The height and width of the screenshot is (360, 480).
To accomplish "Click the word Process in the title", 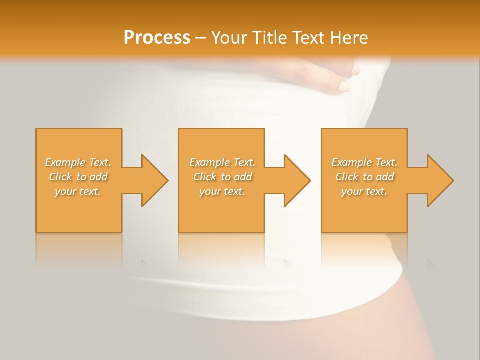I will [157, 38].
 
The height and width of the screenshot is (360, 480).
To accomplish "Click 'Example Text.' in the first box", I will [78, 162].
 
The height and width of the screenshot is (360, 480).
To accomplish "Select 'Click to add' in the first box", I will [78, 177].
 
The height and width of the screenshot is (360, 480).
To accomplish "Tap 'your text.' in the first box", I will [78, 191].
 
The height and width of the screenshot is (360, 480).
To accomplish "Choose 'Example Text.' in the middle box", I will [222, 162].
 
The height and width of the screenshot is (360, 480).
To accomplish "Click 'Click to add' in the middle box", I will [222, 177].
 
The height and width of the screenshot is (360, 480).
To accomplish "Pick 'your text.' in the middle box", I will [222, 191].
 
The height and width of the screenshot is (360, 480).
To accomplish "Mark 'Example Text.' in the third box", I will [364, 162].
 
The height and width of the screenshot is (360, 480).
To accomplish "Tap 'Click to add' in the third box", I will [364, 177].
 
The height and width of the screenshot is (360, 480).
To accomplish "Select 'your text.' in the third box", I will [364, 191].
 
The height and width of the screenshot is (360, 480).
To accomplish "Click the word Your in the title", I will [228, 38].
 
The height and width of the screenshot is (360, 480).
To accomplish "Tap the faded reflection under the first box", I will [79, 250].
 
